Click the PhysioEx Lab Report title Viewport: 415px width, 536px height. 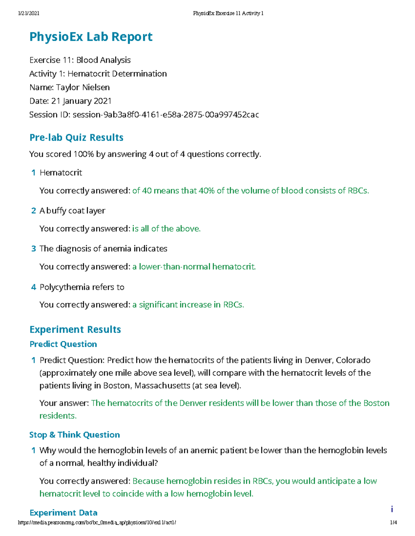pyautogui.click(x=91, y=37)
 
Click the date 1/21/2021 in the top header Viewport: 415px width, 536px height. pyautogui.click(x=28, y=13)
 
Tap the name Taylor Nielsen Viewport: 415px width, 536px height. pyautogui.click(x=83, y=87)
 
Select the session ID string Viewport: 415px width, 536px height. pyautogui.click(x=166, y=115)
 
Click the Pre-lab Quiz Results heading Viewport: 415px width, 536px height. pyautogui.click(x=76, y=137)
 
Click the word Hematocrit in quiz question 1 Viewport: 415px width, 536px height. pyautogui.click(x=61, y=173)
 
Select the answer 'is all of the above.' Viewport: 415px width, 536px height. pyautogui.click(x=166, y=228)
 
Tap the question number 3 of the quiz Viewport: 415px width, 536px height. pyautogui.click(x=34, y=249)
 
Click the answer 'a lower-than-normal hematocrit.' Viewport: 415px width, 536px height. pyautogui.click(x=194, y=266)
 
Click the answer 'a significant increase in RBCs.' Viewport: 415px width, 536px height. pyautogui.click(x=188, y=305)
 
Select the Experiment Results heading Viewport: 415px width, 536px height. pyautogui.click(x=75, y=330)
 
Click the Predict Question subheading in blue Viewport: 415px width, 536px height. pyautogui.click(x=63, y=344)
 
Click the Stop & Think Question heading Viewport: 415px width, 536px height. pyautogui.click(x=75, y=435)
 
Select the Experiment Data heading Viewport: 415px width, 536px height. pyautogui.click(x=64, y=513)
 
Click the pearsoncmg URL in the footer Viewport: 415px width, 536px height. pyautogui.click(x=97, y=523)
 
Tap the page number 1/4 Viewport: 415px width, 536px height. pyautogui.click(x=393, y=523)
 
